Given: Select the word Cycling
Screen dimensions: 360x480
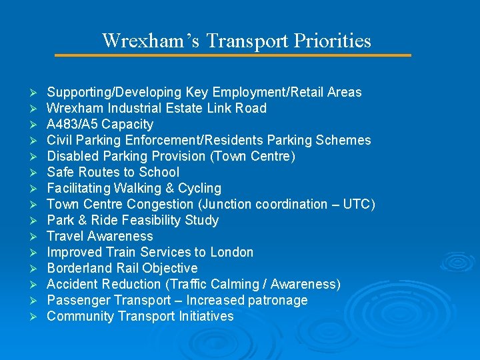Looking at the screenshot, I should coord(197,189).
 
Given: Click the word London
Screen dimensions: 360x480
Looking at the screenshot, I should coord(232,253).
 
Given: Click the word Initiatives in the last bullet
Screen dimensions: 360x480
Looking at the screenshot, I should coord(207,317).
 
